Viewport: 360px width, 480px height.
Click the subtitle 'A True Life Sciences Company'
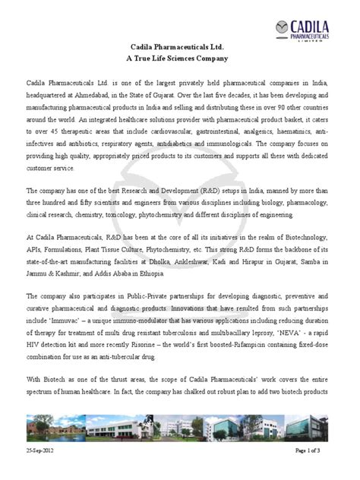tap(180, 58)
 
